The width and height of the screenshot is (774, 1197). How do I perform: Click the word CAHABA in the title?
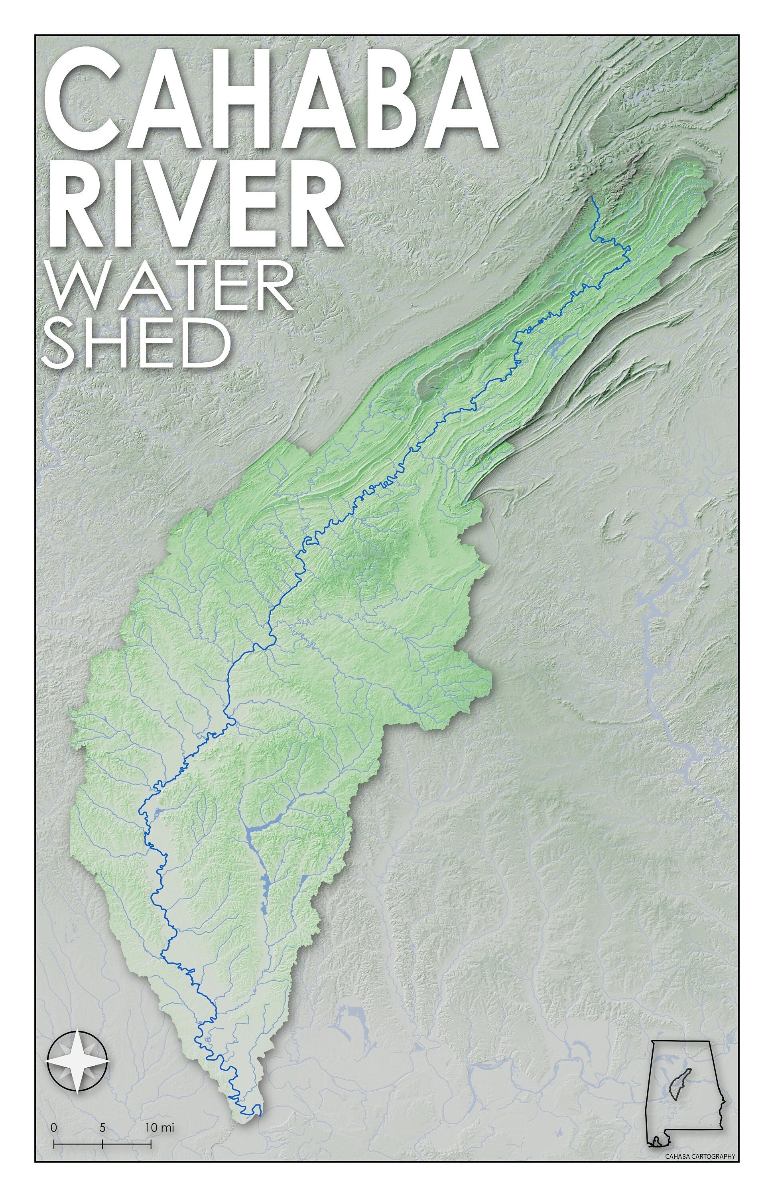(x=272, y=98)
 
